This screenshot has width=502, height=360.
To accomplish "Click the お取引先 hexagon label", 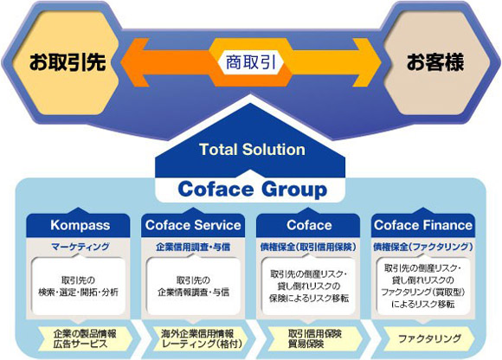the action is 68,61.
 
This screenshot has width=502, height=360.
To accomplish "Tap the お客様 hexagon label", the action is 435,61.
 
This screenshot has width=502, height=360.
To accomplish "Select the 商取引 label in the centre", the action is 251,61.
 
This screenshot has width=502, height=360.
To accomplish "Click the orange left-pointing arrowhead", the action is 134,62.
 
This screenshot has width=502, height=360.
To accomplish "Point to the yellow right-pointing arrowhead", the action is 368,62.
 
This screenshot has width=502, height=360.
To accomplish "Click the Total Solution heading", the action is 252,150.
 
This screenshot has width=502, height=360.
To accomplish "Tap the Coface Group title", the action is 252,190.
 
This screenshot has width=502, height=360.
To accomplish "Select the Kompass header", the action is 80,225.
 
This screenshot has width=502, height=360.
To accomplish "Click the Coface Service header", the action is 193,225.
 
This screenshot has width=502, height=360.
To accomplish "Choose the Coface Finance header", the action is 423,225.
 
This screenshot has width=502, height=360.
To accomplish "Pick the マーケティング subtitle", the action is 80,247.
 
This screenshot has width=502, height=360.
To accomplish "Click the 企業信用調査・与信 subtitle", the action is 193,247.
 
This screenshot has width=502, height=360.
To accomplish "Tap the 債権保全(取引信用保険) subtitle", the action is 308,247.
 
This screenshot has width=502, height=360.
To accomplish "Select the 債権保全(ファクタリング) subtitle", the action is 423,247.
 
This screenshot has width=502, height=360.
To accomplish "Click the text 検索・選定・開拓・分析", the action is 79,292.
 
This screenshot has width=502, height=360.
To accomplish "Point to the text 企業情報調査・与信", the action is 193,292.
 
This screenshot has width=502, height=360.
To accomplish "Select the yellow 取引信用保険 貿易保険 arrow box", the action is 315,338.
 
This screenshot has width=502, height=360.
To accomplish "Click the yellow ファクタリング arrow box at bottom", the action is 429,338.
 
